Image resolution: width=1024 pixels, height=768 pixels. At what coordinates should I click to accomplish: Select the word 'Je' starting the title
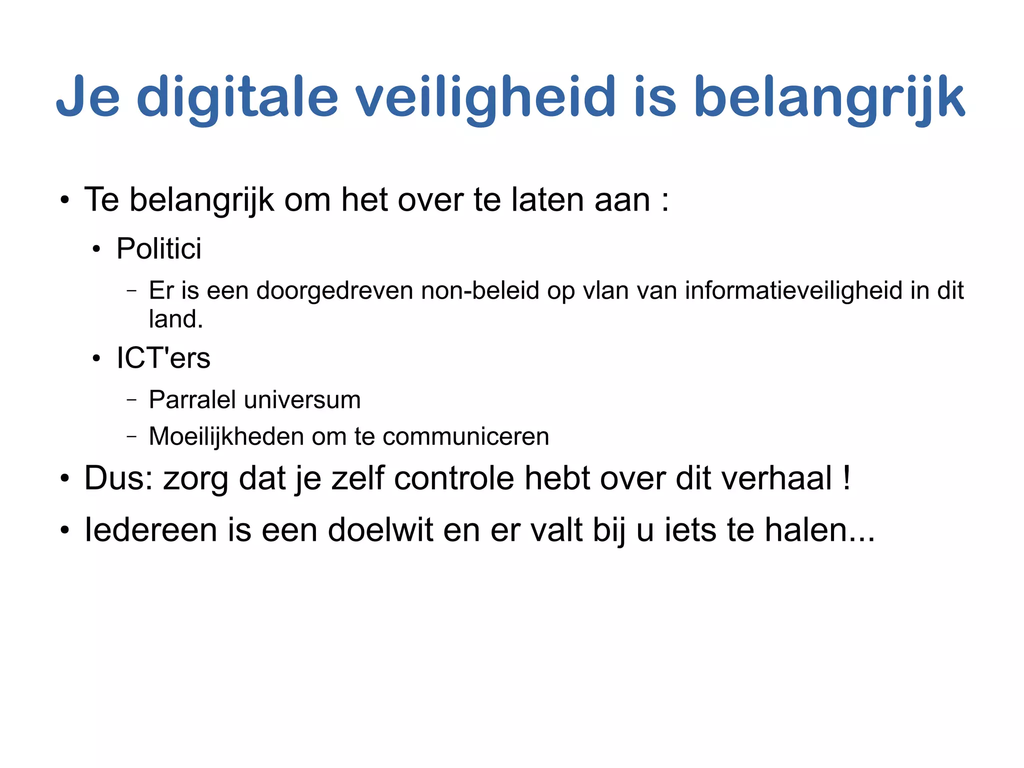(x=88, y=98)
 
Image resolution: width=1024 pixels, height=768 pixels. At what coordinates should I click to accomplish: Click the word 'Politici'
(x=158, y=248)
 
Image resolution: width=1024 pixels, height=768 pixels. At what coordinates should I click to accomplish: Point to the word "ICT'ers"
(x=163, y=358)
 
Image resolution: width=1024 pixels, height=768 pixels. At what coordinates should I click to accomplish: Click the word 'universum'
(x=302, y=400)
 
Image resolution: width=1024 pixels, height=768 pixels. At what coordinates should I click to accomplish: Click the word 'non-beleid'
(x=480, y=291)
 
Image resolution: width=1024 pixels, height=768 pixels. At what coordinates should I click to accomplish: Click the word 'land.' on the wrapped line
(x=176, y=319)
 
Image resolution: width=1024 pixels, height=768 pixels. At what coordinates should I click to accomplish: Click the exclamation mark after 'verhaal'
(x=846, y=478)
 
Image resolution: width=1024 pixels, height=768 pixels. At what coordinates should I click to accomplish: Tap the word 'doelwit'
(x=380, y=529)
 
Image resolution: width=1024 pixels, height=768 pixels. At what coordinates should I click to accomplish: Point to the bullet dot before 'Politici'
(x=96, y=249)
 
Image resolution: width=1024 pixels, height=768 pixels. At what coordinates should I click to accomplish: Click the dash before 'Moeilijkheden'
(x=131, y=436)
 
